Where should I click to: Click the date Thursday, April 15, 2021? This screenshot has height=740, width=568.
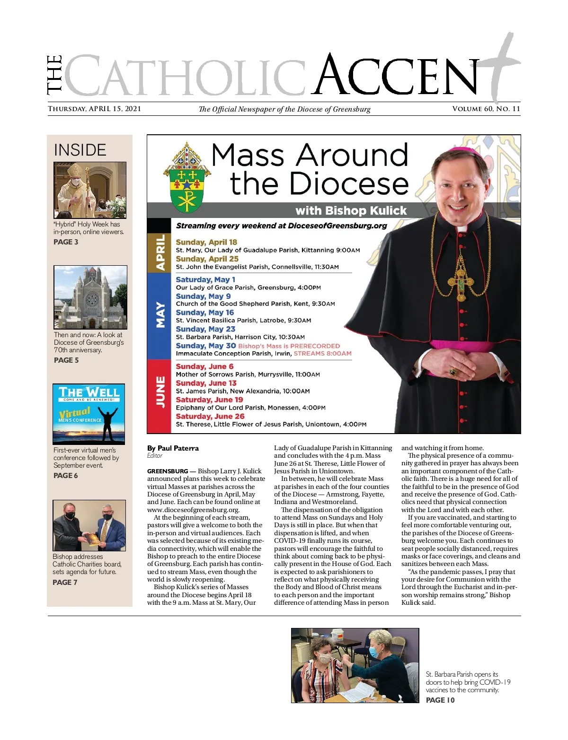click(x=94, y=109)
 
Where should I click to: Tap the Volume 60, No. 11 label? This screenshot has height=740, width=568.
click(x=486, y=109)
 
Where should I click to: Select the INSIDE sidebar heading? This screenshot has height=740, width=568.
click(x=80, y=150)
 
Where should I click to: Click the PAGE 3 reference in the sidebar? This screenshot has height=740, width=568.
click(x=66, y=242)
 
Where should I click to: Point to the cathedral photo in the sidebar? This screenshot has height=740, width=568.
click(x=90, y=297)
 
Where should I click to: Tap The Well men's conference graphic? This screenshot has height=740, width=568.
click(x=89, y=414)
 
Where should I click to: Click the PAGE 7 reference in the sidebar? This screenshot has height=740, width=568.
click(x=65, y=583)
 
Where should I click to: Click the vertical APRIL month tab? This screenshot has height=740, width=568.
click(x=160, y=252)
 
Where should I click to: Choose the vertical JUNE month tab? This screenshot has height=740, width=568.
click(x=160, y=392)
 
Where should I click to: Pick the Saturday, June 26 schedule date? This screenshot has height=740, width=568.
click(x=210, y=416)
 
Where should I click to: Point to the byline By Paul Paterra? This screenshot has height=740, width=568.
click(x=173, y=448)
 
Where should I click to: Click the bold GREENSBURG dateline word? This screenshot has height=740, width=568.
click(x=167, y=471)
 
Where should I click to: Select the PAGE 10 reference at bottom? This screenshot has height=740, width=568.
click(x=440, y=700)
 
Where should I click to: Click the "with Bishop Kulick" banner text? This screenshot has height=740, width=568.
click(x=351, y=210)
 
